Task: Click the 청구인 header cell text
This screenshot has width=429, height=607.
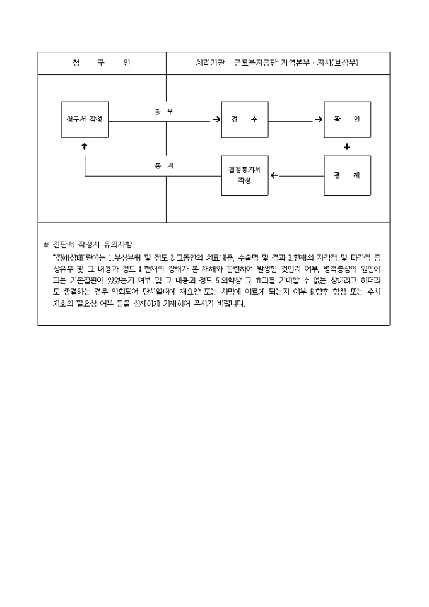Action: (x=101, y=63)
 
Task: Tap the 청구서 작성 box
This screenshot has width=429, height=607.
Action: (x=85, y=119)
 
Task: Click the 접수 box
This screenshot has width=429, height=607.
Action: (x=245, y=119)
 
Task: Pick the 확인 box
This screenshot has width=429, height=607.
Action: (x=347, y=119)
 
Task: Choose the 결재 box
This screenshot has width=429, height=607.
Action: (x=347, y=175)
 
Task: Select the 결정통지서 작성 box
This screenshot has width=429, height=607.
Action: (x=245, y=175)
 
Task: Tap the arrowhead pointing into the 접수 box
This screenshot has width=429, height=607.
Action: (x=216, y=119)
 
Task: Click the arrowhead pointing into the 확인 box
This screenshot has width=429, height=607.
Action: (x=319, y=119)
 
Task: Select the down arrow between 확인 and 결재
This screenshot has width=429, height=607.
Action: (x=347, y=146)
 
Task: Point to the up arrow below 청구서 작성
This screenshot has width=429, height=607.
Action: (x=85, y=146)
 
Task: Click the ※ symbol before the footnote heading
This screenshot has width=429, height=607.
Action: (x=45, y=245)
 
